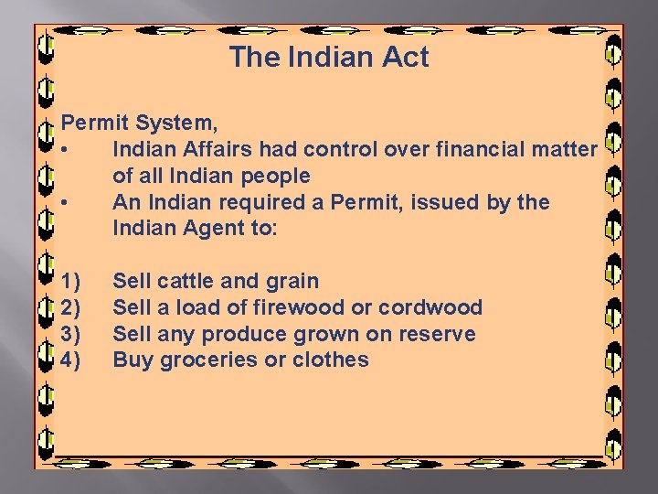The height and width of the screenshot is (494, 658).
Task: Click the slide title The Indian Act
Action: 329,57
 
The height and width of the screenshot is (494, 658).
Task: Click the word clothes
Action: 331,360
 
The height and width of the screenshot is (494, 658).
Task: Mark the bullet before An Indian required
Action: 66,201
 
